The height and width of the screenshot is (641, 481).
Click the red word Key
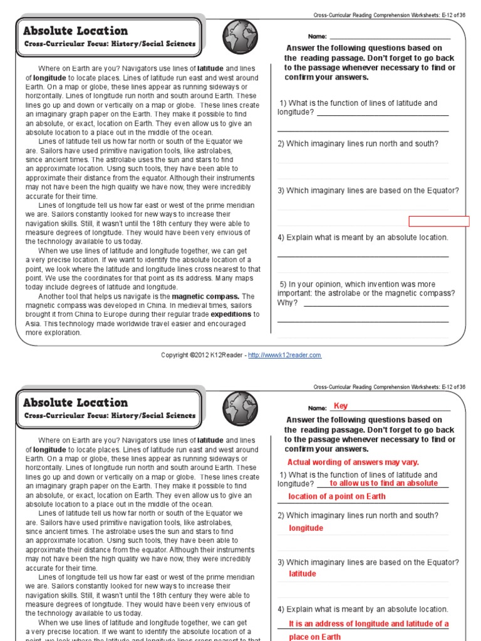pyautogui.click(x=341, y=406)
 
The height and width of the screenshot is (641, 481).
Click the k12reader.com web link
pyautogui.click(x=284, y=355)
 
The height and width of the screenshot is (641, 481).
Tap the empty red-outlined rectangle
pyautogui.click(x=438, y=220)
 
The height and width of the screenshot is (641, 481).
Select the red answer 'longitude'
pyautogui.click(x=306, y=528)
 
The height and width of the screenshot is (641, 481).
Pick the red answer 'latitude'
pyautogui.click(x=302, y=573)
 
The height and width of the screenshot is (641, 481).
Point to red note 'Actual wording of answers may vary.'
pyautogui.click(x=353, y=462)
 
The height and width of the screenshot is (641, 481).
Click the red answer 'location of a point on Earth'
pyautogui.click(x=336, y=496)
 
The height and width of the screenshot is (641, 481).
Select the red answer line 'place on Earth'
pyautogui.click(x=314, y=637)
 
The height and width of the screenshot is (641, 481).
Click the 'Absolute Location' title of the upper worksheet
pyautogui.click(x=75, y=31)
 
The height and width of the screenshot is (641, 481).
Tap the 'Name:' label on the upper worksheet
pyautogui.click(x=318, y=37)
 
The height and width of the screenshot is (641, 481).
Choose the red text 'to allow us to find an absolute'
pyautogui.click(x=383, y=483)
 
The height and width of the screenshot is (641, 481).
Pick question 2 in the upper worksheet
pyautogui.click(x=358, y=143)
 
